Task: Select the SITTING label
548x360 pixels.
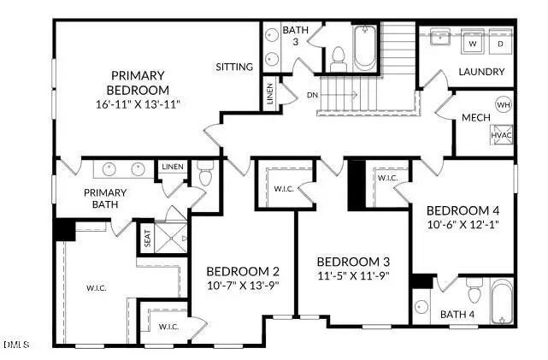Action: (x=234, y=66)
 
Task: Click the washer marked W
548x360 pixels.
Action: (x=473, y=43)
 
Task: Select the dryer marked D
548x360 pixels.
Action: (x=501, y=43)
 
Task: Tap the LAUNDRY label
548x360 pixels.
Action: (x=481, y=72)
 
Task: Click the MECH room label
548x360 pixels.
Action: (x=475, y=117)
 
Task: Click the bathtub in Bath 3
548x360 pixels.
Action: (x=363, y=49)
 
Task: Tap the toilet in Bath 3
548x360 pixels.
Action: (x=338, y=59)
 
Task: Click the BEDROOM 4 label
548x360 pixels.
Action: (x=463, y=210)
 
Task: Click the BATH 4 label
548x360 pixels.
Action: (x=457, y=315)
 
